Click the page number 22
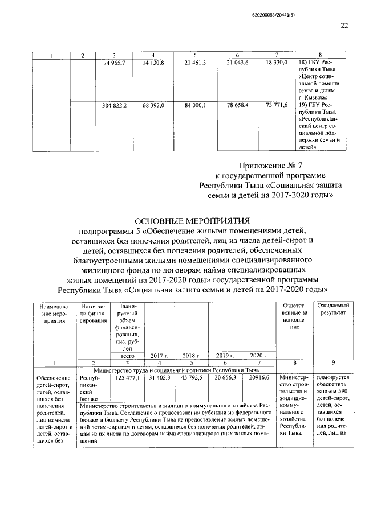point(344,25)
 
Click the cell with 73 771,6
point(275,106)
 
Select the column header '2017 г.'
point(157,355)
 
